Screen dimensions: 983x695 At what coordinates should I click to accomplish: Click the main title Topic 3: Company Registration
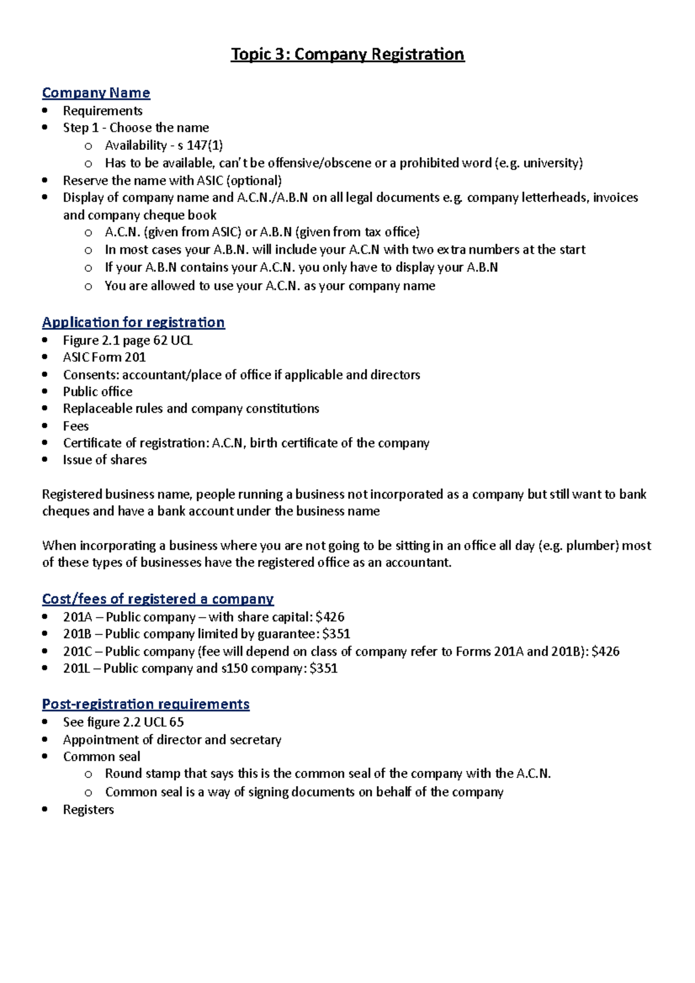pyautogui.click(x=348, y=54)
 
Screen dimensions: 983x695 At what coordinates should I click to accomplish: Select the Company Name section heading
pyautogui.click(x=96, y=93)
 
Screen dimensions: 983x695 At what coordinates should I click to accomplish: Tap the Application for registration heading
pyautogui.click(x=133, y=322)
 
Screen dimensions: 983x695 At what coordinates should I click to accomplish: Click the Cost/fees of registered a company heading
pyautogui.click(x=158, y=599)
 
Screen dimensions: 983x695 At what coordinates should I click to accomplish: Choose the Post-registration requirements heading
pyautogui.click(x=145, y=704)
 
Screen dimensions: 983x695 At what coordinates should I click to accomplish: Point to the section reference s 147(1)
pyautogui.click(x=200, y=145)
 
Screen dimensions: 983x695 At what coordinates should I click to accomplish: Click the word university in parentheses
pyautogui.click(x=551, y=163)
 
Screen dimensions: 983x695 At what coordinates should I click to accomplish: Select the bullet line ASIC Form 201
pyautogui.click(x=104, y=357)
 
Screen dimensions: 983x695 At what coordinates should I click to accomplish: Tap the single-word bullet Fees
pyautogui.click(x=76, y=426)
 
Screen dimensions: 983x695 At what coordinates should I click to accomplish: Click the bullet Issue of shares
pyautogui.click(x=105, y=460)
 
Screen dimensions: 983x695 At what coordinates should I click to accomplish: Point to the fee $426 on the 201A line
pyautogui.click(x=330, y=617)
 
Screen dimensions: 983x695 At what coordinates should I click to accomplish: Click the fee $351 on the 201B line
pyautogui.click(x=336, y=634)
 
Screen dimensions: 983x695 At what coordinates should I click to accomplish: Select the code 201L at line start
pyautogui.click(x=76, y=669)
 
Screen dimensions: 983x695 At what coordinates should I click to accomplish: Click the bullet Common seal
pyautogui.click(x=101, y=757)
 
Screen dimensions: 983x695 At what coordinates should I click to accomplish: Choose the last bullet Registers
pyautogui.click(x=88, y=810)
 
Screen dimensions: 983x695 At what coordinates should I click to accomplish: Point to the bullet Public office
pyautogui.click(x=97, y=392)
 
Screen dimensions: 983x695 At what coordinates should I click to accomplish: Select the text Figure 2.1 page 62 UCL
pyautogui.click(x=127, y=340)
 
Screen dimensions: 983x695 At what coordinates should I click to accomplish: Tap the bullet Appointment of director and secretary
pyautogui.click(x=172, y=740)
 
